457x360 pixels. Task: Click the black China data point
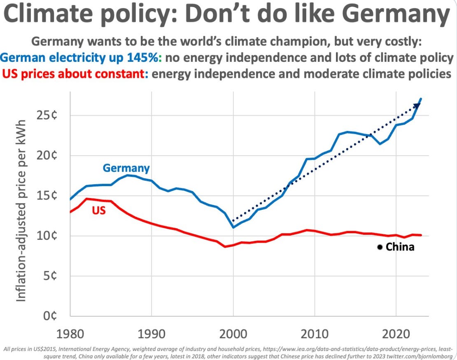click(x=380, y=247)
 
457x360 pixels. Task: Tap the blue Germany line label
click(x=126, y=168)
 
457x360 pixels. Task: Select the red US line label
click(x=99, y=210)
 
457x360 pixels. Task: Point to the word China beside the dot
click(x=400, y=248)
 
